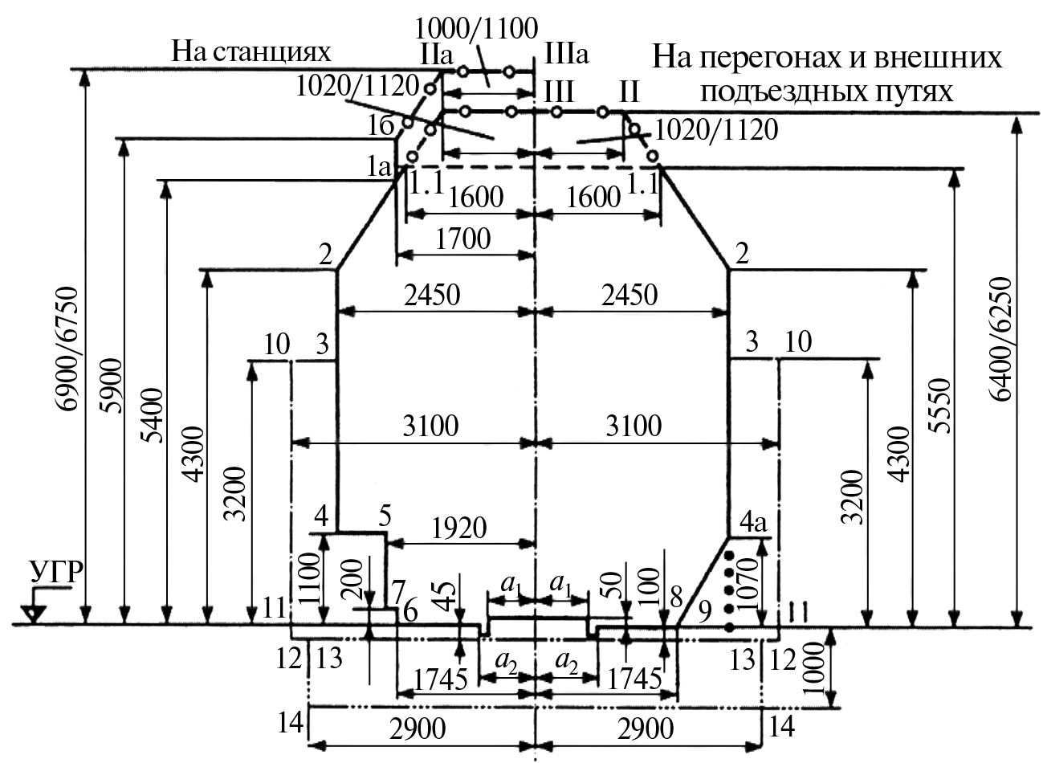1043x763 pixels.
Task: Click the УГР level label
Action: click(57, 573)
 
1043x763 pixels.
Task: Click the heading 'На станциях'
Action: click(251, 51)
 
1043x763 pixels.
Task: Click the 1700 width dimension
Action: click(462, 239)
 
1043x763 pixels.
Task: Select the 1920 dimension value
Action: click(459, 528)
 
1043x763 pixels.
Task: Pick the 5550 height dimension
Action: click(939, 406)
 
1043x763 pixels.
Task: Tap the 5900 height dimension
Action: click(112, 386)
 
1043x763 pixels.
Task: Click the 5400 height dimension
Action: click(153, 415)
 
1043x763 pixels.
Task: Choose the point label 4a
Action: click(753, 523)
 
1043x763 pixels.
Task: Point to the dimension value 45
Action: click(446, 597)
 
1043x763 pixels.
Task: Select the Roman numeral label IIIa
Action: click(566, 54)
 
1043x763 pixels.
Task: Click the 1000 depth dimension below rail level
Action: click(814, 668)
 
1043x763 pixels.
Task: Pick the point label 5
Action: click(385, 516)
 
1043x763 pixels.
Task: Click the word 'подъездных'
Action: click(773, 92)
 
